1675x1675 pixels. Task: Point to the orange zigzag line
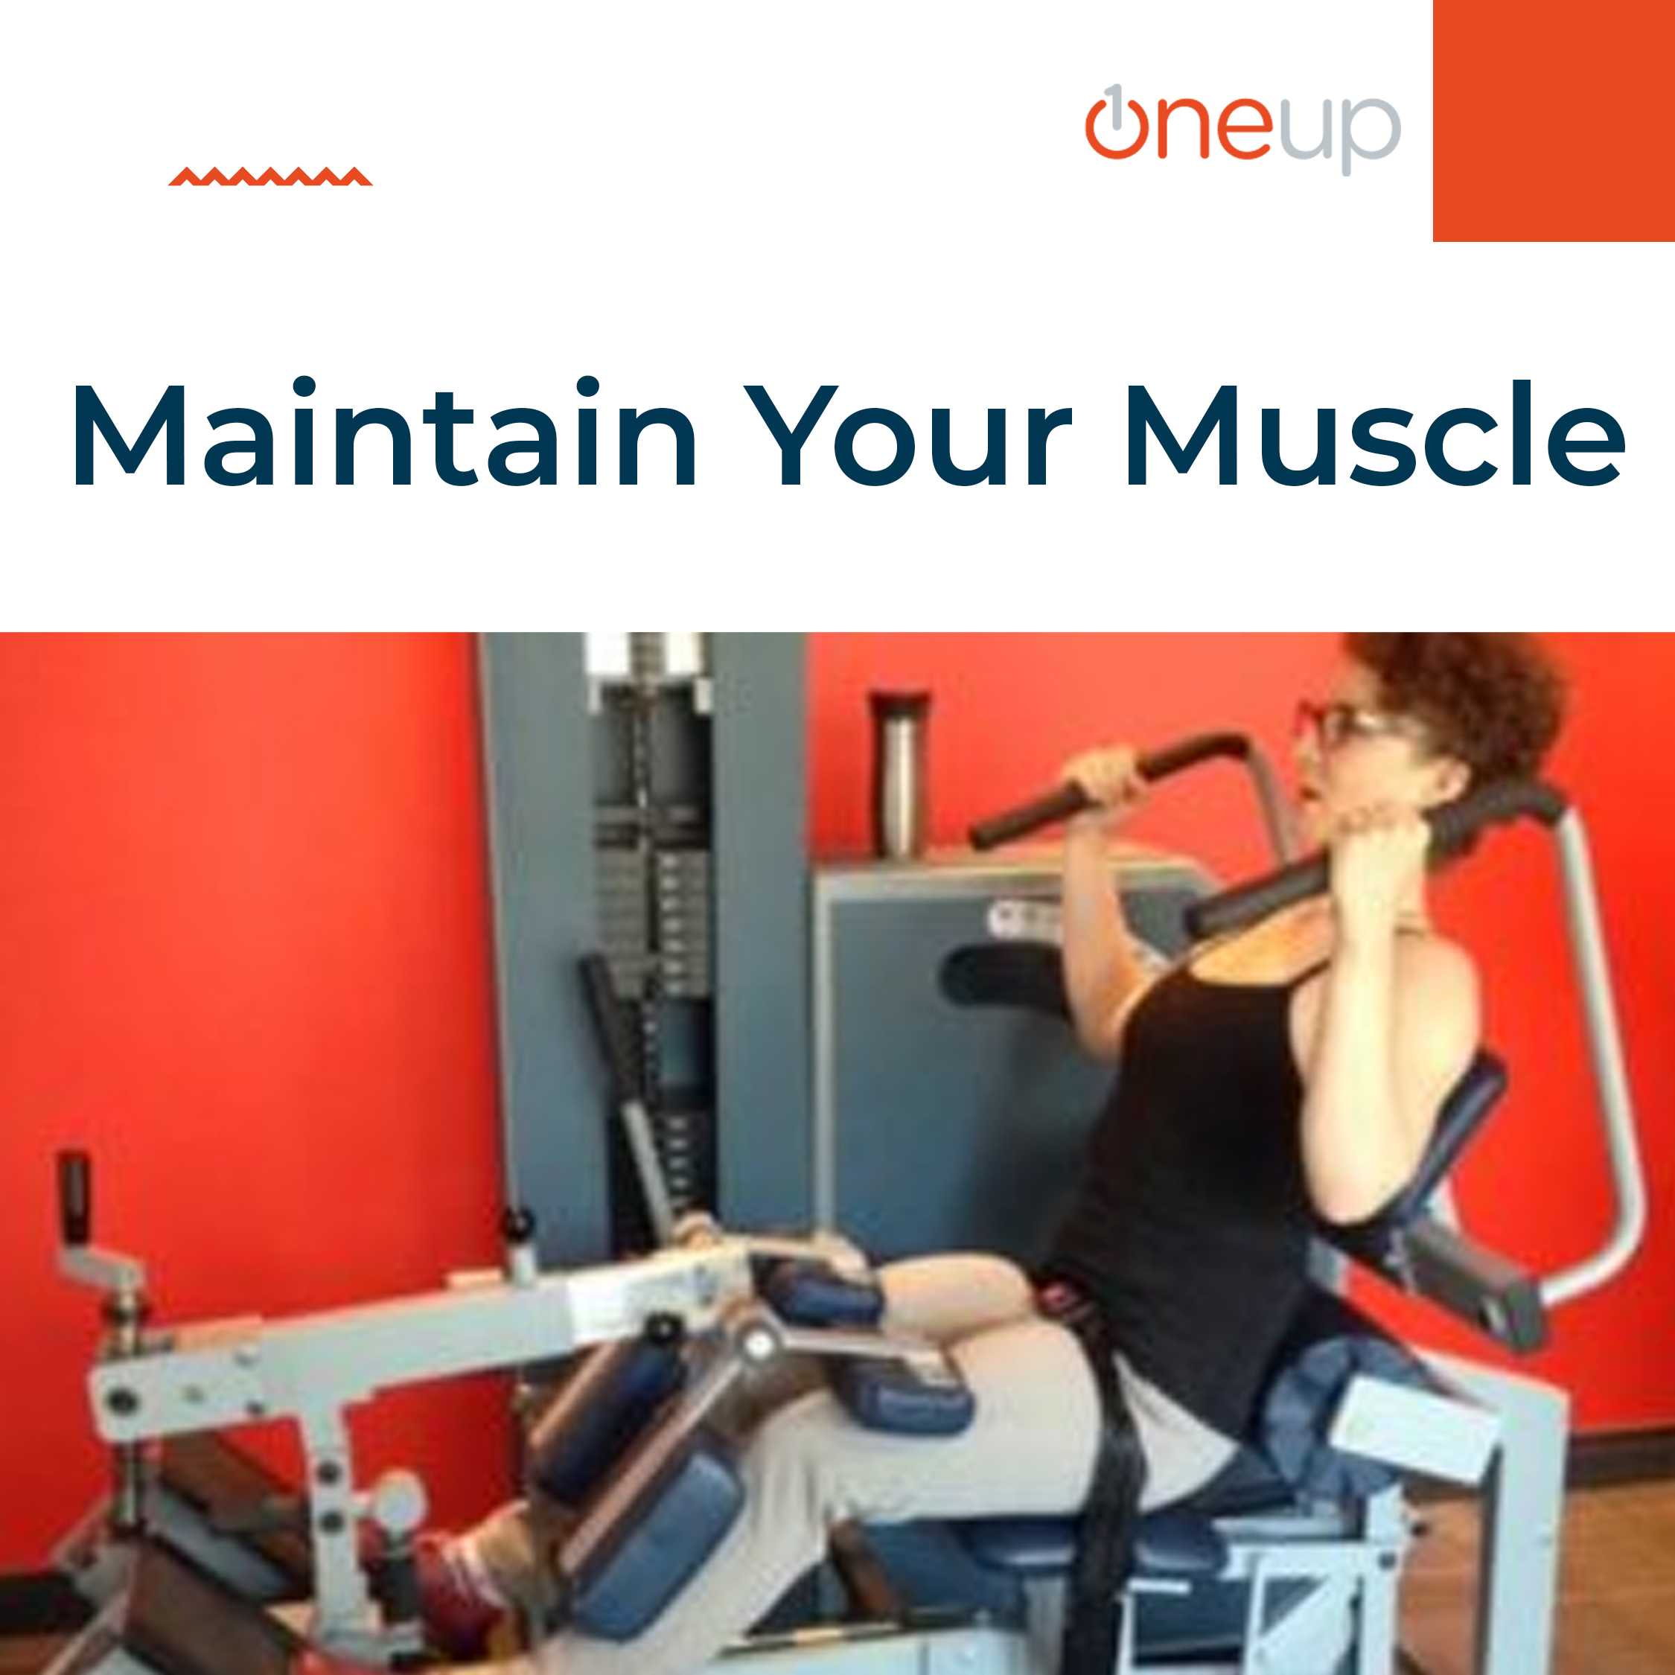[270, 177]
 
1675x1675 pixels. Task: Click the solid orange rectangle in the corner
[1554, 121]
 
